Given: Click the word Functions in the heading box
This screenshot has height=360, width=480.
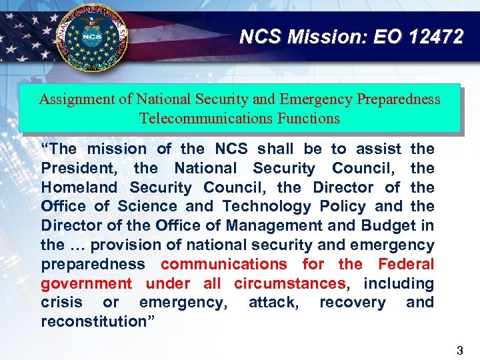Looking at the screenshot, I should (313, 119).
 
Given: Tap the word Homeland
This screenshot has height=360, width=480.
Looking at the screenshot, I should (79, 188).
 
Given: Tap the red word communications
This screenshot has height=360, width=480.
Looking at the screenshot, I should (223, 264).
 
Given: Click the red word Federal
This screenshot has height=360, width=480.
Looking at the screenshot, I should (405, 264).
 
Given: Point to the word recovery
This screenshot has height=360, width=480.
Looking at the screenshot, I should (352, 303).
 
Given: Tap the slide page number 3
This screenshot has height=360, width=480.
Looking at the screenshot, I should (460, 349).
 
